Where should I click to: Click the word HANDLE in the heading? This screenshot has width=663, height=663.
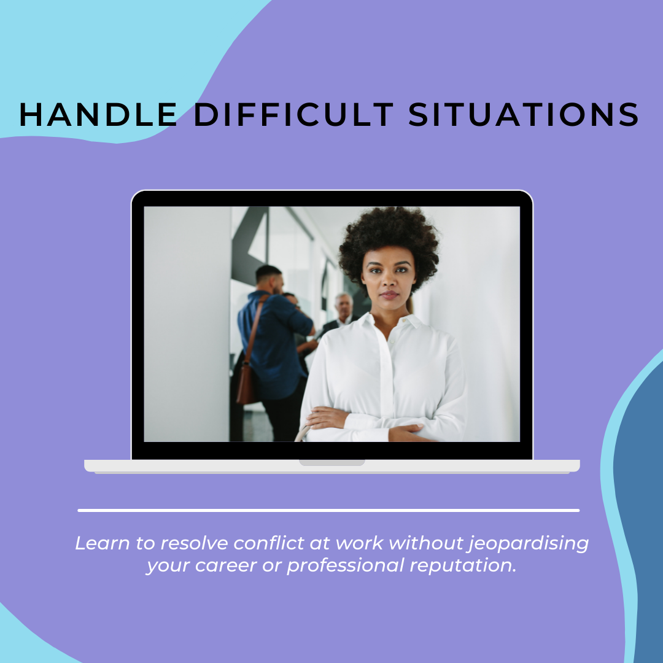[98, 114]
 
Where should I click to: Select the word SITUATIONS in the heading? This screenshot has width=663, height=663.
[524, 114]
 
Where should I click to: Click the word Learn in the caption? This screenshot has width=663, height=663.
[103, 543]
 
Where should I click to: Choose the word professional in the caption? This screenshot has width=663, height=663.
[346, 566]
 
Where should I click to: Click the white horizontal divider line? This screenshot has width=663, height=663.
[328, 510]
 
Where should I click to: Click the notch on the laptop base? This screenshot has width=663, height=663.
[332, 463]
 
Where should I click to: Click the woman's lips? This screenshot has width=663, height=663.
[389, 294]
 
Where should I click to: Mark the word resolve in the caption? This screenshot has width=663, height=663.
[194, 543]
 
